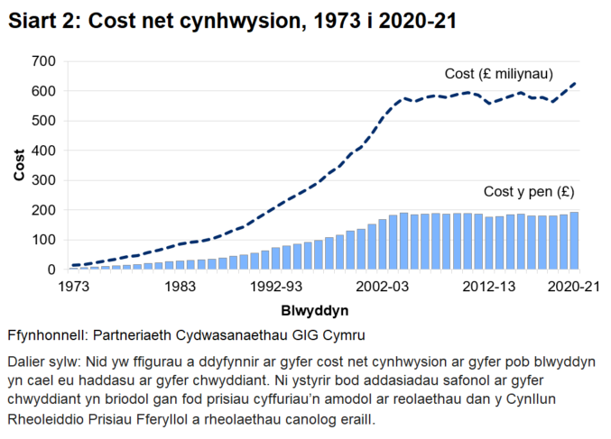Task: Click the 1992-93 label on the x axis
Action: pos(277,288)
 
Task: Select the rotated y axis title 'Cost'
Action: pos(19,165)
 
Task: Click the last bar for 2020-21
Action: pos(574,241)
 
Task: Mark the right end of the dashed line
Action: pos(575,83)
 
